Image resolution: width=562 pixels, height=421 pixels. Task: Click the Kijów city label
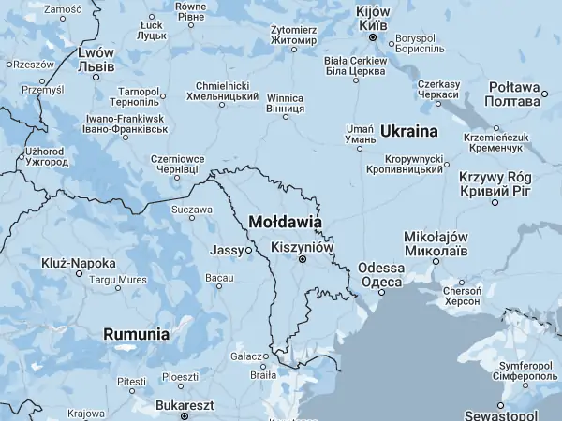click(x=372, y=18)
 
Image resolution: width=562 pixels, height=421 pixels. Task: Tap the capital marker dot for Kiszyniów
click(x=302, y=260)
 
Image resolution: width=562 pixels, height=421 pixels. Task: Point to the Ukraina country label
click(x=409, y=130)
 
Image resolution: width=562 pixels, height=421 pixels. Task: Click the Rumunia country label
click(x=137, y=333)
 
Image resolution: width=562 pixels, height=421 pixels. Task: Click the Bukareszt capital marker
click(x=185, y=416)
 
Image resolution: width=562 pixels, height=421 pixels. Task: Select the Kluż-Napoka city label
click(x=79, y=263)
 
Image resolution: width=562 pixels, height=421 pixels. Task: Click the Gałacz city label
click(x=247, y=356)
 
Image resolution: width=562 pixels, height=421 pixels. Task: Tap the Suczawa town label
click(x=191, y=210)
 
